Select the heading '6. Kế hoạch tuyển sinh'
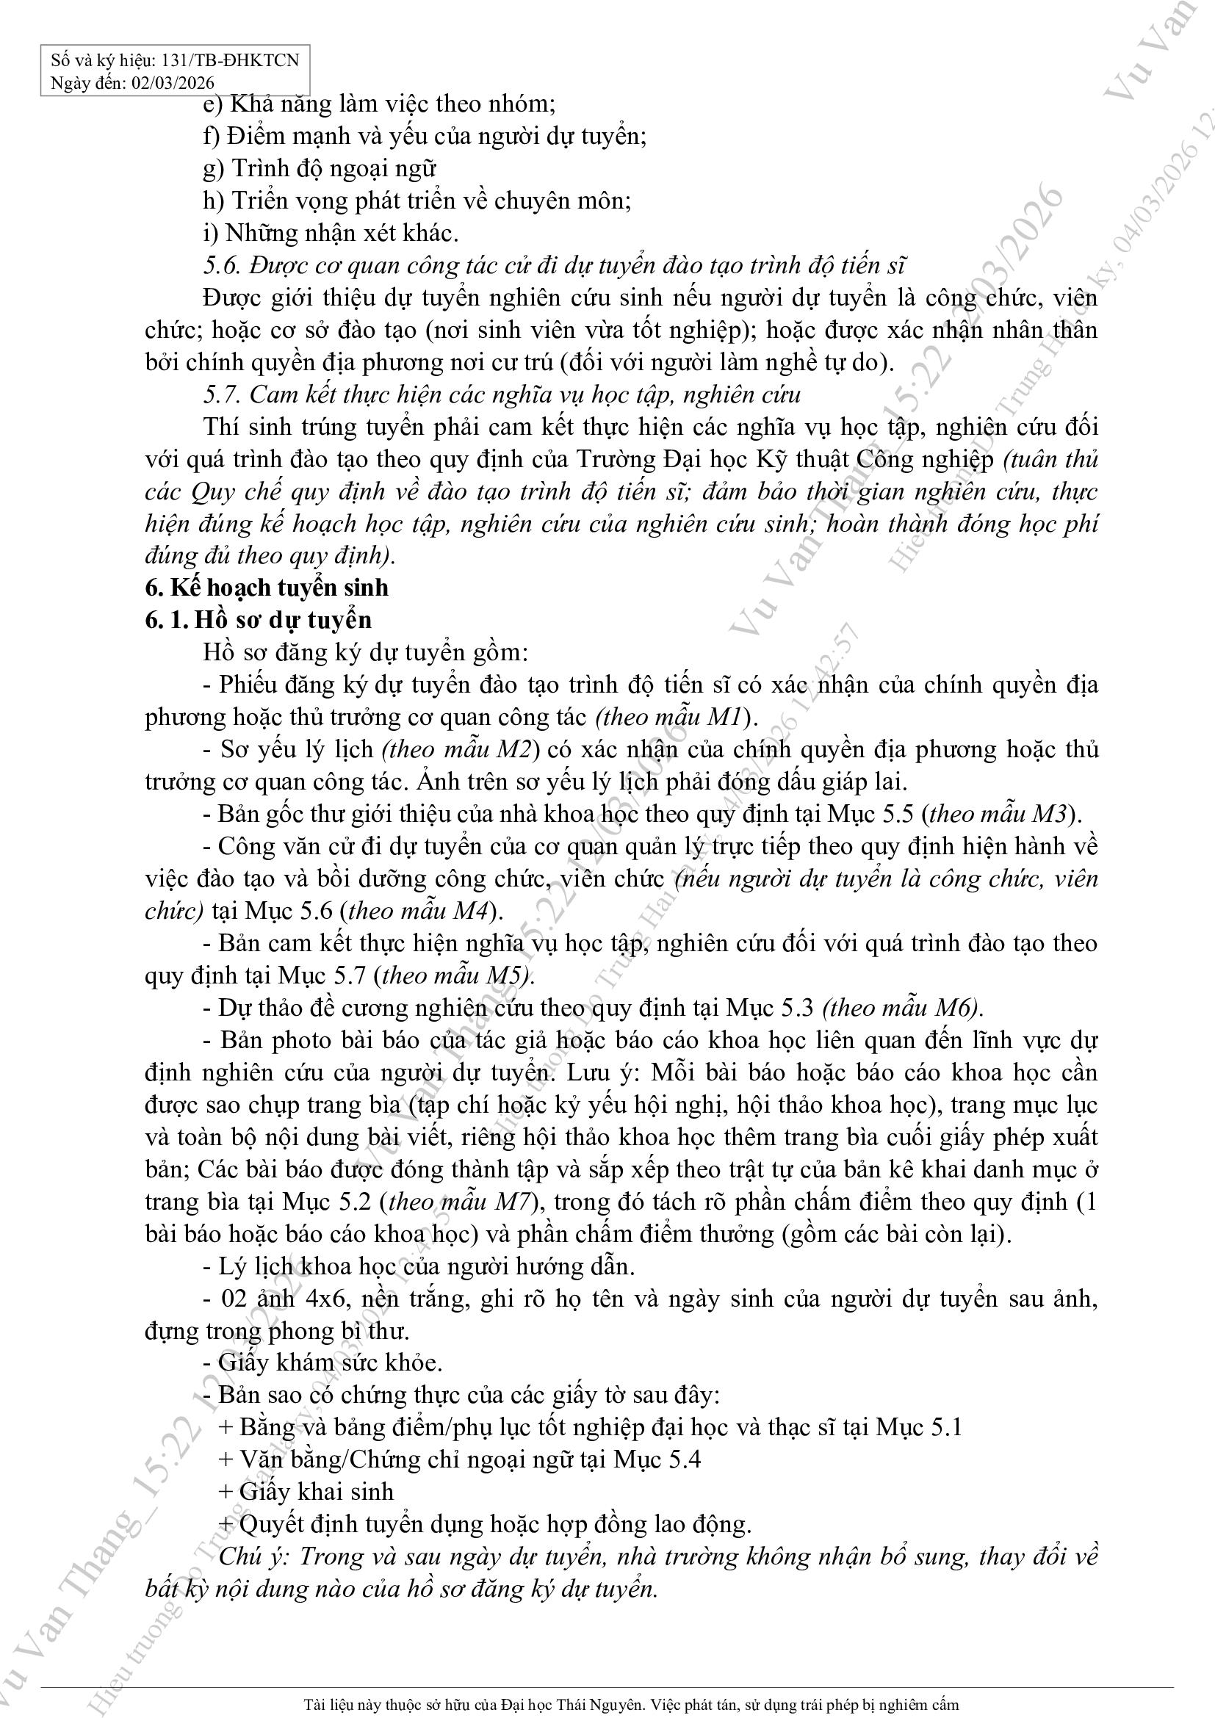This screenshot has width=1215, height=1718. tap(267, 588)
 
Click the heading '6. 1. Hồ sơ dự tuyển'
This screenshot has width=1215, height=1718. tap(258, 620)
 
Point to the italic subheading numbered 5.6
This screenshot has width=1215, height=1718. tap(555, 266)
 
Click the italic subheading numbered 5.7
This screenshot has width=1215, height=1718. tap(502, 394)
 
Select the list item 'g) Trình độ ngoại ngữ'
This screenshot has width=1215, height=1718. tap(320, 168)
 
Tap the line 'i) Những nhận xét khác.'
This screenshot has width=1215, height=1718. tap(331, 234)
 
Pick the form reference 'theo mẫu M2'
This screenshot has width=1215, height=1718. tap(459, 750)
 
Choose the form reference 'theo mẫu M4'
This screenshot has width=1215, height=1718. tap(418, 911)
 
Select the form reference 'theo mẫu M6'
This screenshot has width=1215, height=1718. tap(901, 1008)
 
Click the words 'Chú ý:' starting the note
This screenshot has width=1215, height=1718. tap(252, 1556)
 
